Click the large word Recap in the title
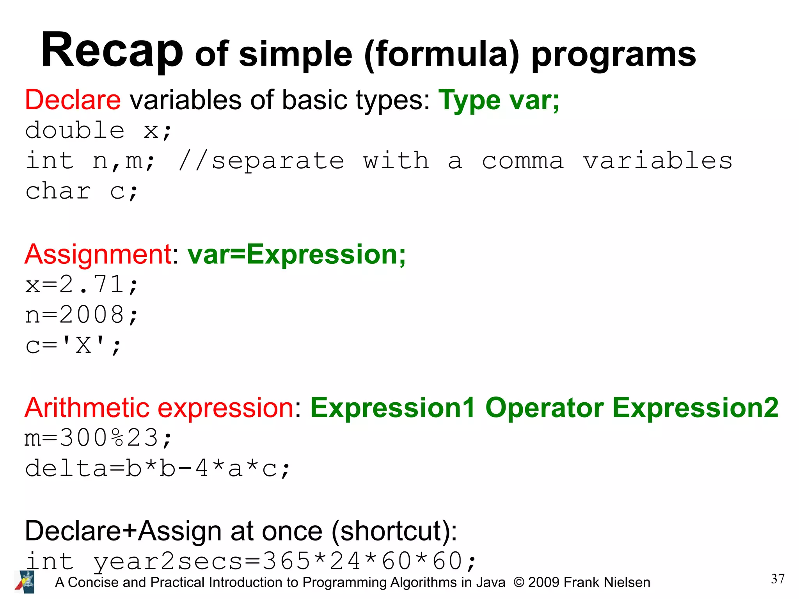[x=112, y=51]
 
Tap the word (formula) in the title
[x=442, y=55]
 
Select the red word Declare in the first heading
[x=73, y=100]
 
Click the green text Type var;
[x=499, y=100]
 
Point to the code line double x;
[x=98, y=131]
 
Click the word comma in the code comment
[x=523, y=161]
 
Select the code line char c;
[x=82, y=191]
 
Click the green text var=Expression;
[x=297, y=254]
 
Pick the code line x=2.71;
[x=82, y=284]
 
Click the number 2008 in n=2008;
[x=92, y=315]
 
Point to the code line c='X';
[x=73, y=345]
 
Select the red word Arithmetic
[x=87, y=408]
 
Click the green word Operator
[x=544, y=408]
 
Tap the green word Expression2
[x=695, y=408]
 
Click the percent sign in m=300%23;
[x=117, y=438]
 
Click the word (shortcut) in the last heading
[x=394, y=531]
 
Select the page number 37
[x=777, y=579]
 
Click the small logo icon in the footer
[x=25, y=582]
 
